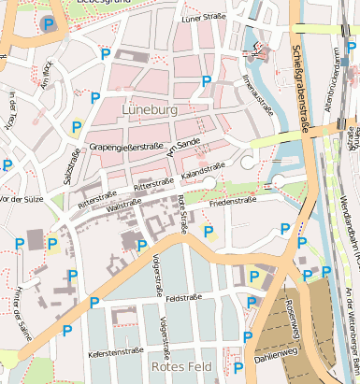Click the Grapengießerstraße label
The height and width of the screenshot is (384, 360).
pyautogui.click(x=126, y=146)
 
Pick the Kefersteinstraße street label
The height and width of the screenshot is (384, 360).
pyautogui.click(x=114, y=352)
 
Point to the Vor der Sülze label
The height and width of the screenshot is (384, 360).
pyautogui.click(x=23, y=199)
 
